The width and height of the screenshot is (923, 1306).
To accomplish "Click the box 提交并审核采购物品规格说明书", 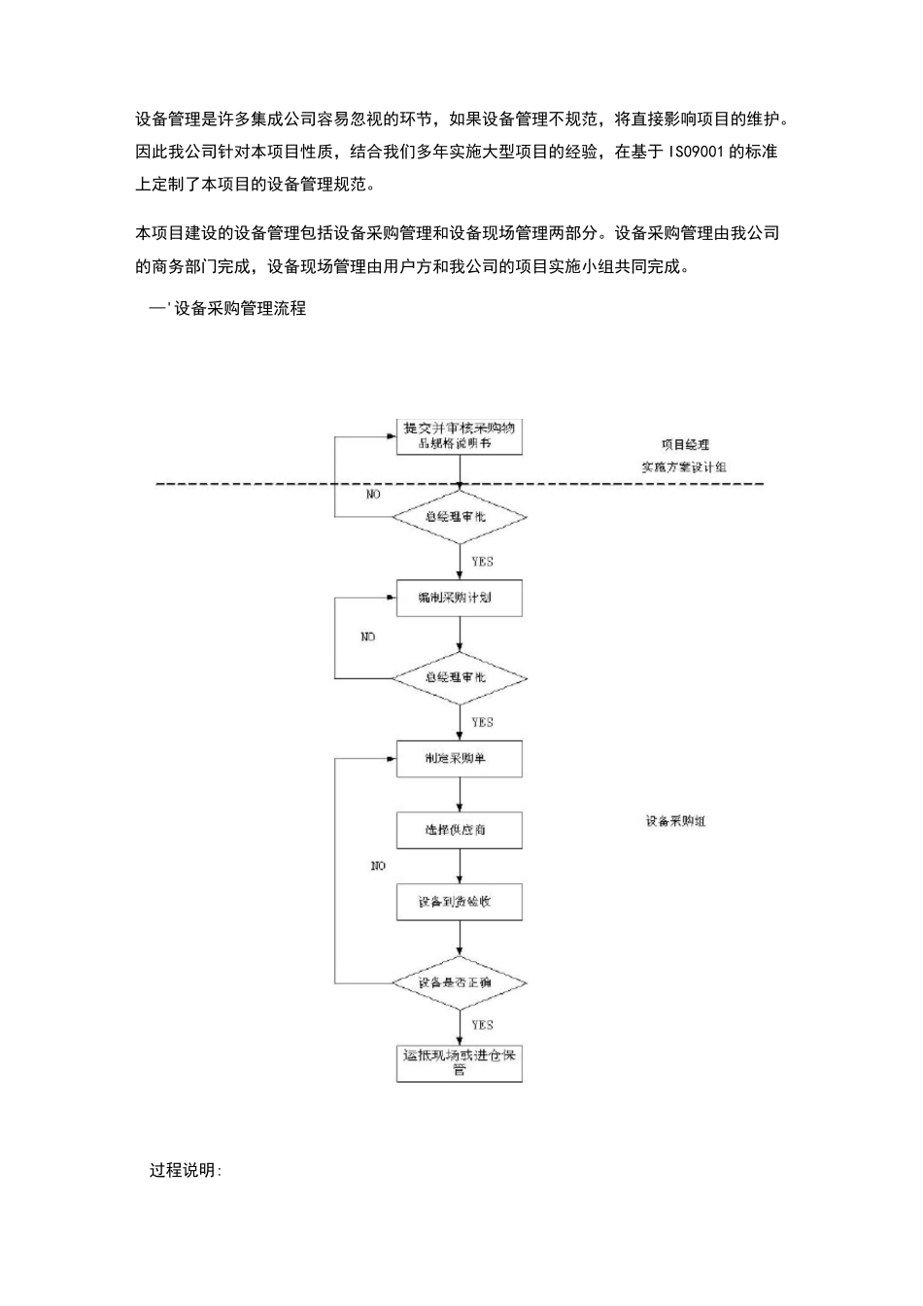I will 460,434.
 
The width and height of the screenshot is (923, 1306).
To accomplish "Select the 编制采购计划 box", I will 460,598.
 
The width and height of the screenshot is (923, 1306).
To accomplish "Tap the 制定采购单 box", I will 460,758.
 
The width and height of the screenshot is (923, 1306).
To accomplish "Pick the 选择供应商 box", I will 460,830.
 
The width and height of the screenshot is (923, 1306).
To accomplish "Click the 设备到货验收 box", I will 460,902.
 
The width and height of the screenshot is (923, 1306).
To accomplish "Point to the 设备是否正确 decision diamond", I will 460,982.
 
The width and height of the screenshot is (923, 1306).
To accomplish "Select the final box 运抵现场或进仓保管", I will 460,1062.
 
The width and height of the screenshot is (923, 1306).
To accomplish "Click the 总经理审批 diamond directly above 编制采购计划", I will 460,517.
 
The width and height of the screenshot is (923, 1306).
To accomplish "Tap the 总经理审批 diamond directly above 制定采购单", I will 460,677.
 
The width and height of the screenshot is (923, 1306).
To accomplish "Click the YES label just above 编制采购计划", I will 482,562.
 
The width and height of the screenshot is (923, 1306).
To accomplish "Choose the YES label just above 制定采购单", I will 482,722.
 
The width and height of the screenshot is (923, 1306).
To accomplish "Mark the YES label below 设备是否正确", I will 482,1025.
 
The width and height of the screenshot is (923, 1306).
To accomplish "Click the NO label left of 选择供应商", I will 378,866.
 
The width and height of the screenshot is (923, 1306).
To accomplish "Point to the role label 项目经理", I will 685,444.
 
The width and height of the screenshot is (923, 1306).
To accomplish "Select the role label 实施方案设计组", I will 684,467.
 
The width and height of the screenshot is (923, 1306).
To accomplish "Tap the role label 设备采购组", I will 676,822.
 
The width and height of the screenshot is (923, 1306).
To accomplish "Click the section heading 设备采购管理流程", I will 240,309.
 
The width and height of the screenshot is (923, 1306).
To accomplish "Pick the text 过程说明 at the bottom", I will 185,1170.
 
